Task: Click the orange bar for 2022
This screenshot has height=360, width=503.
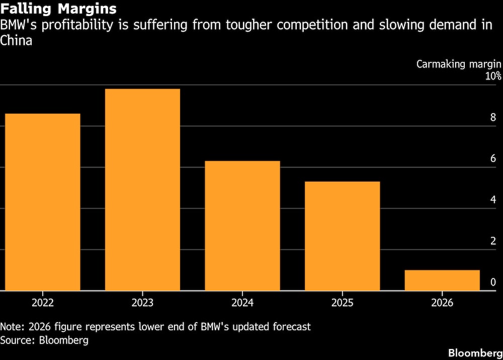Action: coord(43,202)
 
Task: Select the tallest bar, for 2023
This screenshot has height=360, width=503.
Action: coord(142,190)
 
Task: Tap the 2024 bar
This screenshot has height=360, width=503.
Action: coord(242,226)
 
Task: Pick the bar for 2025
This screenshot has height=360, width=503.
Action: coord(342,236)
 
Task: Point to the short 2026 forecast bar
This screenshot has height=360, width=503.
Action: coord(442,280)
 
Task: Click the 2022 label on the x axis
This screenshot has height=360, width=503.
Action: coord(43,302)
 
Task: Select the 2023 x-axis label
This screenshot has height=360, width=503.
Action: coord(142,302)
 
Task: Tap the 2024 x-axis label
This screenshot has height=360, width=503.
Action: coord(242,302)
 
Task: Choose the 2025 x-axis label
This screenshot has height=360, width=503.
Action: coord(342,302)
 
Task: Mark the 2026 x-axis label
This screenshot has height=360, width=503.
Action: coord(442,302)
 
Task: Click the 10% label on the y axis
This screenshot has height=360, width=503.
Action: coord(493,76)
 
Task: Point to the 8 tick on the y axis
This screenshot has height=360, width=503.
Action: coord(493,117)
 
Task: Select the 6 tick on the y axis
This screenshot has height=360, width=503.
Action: coord(493,158)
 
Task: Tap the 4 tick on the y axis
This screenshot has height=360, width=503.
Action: coord(493,200)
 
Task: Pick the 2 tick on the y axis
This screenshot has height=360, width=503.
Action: coord(493,241)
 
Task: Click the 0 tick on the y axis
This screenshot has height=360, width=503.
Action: coord(493,282)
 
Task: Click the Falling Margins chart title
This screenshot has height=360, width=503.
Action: coord(58,9)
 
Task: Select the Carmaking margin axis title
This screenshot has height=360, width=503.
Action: coord(459,64)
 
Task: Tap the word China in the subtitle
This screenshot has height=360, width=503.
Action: coord(16,41)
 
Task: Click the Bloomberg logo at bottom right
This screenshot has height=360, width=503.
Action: coord(475,353)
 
